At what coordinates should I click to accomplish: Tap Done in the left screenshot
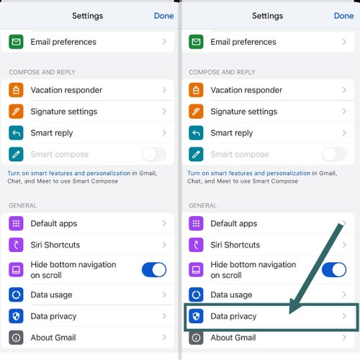[164, 16]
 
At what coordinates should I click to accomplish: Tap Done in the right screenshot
[344, 16]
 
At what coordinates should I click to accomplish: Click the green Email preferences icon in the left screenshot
[16, 42]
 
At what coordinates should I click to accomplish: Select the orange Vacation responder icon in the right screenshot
[196, 90]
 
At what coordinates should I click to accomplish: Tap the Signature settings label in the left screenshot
[64, 112]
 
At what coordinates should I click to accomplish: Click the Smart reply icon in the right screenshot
[196, 132]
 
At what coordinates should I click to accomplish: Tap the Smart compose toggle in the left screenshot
[154, 154]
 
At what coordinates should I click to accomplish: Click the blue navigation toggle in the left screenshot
[154, 270]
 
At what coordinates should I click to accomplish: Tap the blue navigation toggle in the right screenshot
[334, 270]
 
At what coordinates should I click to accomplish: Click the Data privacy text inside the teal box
[233, 316]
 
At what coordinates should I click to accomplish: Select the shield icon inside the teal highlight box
[196, 316]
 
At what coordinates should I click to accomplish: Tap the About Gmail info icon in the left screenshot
[16, 338]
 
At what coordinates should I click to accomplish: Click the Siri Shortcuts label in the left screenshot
[55, 245]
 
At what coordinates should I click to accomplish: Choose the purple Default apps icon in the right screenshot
[196, 223]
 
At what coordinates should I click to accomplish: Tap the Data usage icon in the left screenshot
[16, 294]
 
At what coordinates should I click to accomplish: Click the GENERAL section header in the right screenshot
[203, 206]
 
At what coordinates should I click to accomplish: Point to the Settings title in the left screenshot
[88, 16]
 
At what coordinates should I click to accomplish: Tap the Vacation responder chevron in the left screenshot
[164, 90]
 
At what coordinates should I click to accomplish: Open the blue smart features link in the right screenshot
[249, 173]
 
